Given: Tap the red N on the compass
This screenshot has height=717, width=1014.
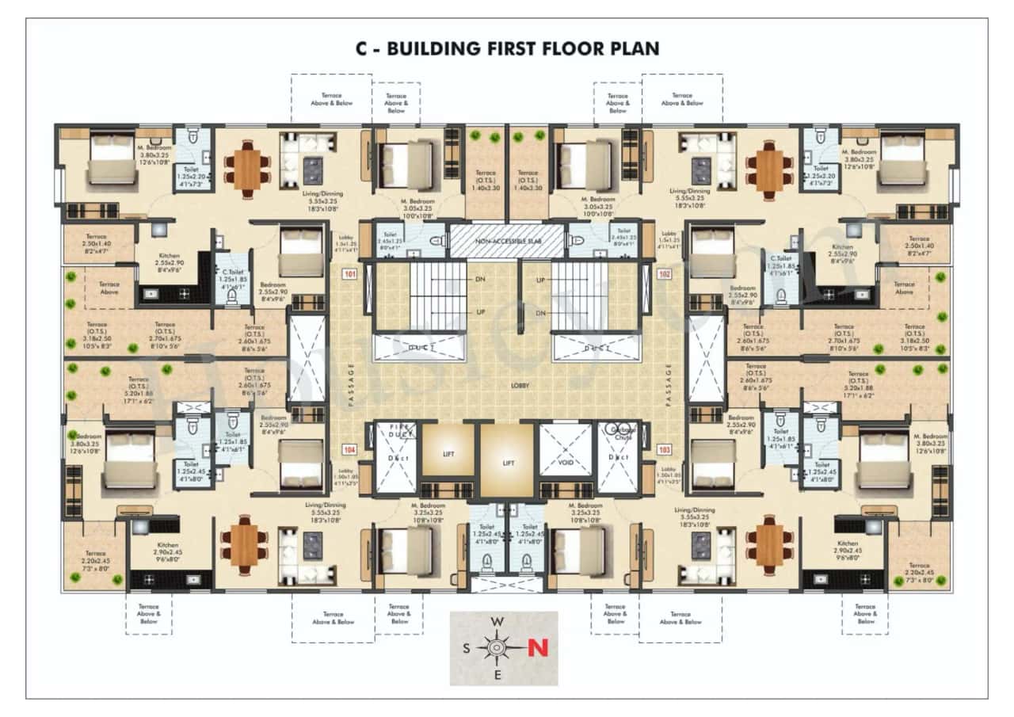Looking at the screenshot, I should pos(538,647).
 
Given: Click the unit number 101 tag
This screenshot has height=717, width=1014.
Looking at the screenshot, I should pos(349,275).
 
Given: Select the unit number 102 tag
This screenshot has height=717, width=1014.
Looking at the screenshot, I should pos(664,275).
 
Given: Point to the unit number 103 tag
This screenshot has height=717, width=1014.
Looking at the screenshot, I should pos(664,449).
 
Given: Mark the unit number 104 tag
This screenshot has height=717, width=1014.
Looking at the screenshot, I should pos(349,449).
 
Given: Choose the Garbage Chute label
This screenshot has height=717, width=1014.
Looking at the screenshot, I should pos(619,433).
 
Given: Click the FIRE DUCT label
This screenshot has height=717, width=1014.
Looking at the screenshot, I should pos(395,433).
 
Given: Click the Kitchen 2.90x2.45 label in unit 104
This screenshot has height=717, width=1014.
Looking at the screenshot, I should pos(167,550).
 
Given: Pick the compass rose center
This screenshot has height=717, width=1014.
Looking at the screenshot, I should pos(497,648).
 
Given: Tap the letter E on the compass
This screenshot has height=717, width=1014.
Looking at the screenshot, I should pos(497,675).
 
